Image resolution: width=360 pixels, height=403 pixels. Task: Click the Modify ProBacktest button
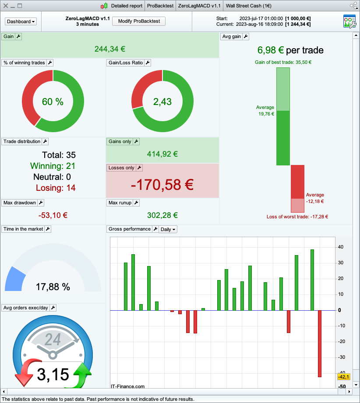click(x=139, y=21)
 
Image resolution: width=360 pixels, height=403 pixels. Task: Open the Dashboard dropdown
click(x=21, y=21)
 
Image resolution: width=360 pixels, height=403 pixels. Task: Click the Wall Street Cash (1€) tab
click(x=248, y=6)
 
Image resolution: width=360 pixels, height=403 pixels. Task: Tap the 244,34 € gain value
click(x=110, y=48)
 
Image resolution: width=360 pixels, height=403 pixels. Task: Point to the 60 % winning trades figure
click(x=53, y=102)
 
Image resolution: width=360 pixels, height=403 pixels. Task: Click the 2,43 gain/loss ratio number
click(x=162, y=102)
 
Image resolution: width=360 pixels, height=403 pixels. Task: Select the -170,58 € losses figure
click(x=162, y=185)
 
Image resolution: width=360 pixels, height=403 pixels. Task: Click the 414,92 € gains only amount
click(x=162, y=154)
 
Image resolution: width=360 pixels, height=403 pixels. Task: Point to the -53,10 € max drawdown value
click(x=53, y=215)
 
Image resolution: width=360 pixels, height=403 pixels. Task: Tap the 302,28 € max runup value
click(x=162, y=215)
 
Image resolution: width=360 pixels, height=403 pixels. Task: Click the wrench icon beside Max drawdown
click(x=41, y=203)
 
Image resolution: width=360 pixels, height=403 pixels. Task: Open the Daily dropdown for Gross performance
click(x=168, y=229)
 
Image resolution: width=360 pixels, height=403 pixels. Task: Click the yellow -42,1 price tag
click(x=343, y=377)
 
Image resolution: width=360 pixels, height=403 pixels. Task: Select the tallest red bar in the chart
click(x=320, y=343)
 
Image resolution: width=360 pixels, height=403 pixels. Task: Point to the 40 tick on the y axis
click(x=340, y=247)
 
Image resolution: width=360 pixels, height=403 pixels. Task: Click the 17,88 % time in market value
click(x=53, y=287)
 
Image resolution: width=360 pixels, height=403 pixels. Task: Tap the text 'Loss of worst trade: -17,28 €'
click(x=297, y=217)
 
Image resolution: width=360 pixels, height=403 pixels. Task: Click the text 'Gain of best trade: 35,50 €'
click(x=283, y=62)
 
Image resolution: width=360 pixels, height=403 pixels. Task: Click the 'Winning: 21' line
click(x=53, y=166)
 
